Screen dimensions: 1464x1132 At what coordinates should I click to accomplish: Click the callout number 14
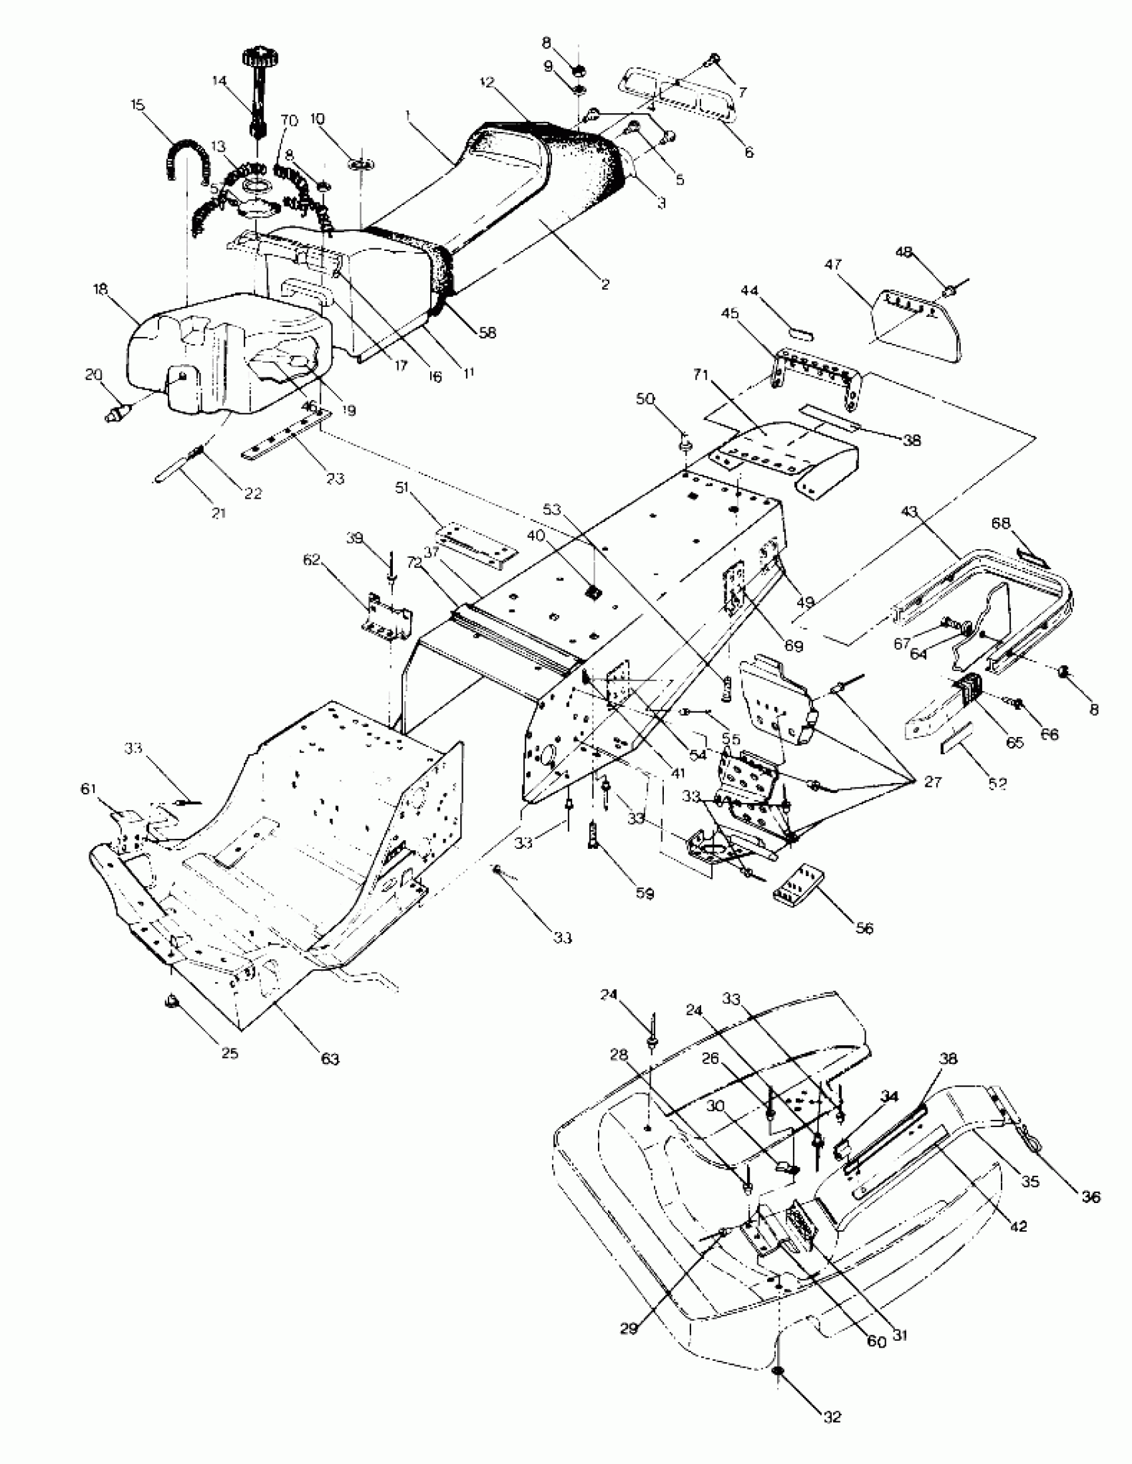[219, 81]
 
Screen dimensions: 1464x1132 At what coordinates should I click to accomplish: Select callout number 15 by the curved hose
[137, 105]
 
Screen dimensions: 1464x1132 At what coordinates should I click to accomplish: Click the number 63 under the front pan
[330, 1059]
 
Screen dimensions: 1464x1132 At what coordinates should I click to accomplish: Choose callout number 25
[229, 1053]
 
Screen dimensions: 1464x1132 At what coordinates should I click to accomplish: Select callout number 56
[864, 928]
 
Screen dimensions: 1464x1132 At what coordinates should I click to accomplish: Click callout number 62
[312, 559]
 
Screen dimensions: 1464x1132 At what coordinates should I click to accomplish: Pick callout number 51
[402, 488]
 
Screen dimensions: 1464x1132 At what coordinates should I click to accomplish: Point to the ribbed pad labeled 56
[798, 887]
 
